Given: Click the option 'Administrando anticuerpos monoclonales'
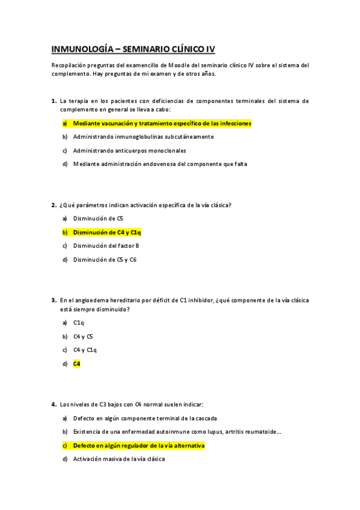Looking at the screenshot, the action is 129,150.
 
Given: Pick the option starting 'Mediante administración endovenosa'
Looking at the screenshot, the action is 159,164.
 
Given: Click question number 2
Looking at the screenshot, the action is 53,205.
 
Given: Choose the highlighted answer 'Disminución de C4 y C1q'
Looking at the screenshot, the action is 106,232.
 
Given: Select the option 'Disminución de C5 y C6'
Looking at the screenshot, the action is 105,260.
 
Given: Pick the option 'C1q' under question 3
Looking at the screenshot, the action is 78,323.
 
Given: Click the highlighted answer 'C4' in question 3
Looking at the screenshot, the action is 76,364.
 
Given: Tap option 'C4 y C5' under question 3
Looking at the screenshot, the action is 83,337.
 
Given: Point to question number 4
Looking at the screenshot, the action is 53,404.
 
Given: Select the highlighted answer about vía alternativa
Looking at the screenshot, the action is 139,446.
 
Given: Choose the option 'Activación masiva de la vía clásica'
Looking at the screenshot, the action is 118,459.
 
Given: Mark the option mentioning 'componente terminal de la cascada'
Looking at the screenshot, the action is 144,418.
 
